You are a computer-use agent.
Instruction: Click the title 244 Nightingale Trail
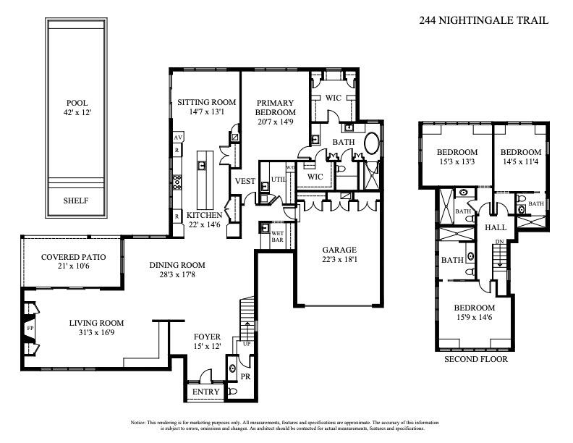[x=483, y=20]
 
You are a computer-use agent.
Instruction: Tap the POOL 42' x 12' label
[x=77, y=108]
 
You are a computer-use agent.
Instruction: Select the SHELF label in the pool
[x=76, y=201]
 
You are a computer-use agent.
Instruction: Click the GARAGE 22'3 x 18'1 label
[x=338, y=256]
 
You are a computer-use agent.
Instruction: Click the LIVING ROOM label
[x=96, y=328]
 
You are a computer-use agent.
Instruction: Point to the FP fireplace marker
[x=30, y=327]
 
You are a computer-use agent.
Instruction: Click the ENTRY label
[x=205, y=392]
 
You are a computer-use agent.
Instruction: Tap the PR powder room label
[x=245, y=378]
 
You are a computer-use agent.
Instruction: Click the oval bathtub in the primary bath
[x=372, y=143]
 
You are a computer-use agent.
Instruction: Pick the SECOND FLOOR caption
[x=475, y=359]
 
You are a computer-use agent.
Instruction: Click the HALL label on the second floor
[x=495, y=227]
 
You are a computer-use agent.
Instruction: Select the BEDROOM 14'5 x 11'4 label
[x=522, y=157]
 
